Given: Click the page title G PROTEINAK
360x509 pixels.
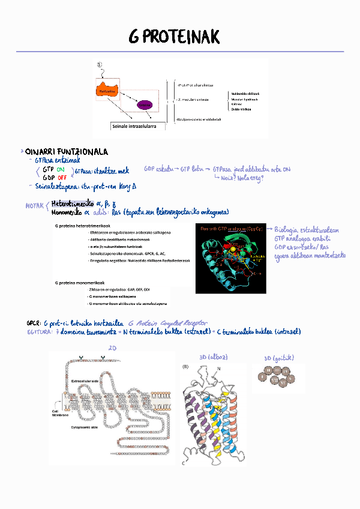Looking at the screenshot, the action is click(174, 37).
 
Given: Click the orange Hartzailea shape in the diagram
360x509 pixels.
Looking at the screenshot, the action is click(106, 91).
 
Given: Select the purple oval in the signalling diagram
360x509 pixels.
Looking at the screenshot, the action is click(145, 105).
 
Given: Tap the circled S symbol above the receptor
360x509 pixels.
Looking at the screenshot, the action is click(100, 65).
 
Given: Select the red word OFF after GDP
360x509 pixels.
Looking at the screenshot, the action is click(62, 178).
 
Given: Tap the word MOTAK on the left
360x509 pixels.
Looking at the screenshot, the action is click(34, 205).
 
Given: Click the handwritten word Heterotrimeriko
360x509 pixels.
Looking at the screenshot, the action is click(73, 203).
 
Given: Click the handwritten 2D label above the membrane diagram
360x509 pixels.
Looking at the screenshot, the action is click(112, 348).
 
